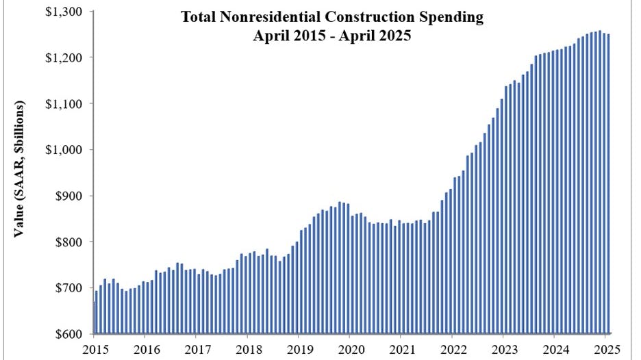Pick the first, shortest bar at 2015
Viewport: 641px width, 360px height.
(x=94, y=318)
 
